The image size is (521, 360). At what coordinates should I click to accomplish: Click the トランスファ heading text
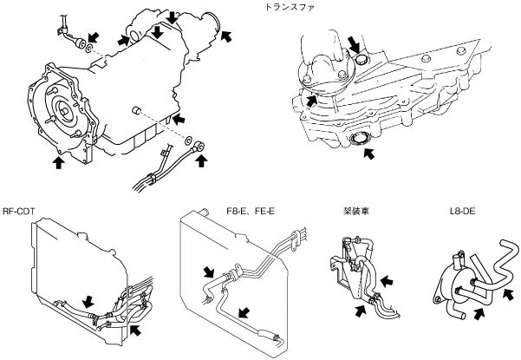(x=289, y=7)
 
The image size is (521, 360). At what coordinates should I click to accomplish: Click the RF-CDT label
(x=18, y=212)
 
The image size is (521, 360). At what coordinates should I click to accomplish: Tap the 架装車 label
(x=356, y=211)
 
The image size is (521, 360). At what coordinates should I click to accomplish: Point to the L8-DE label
(x=463, y=211)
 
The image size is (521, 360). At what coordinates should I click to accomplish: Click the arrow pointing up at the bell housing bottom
(x=59, y=162)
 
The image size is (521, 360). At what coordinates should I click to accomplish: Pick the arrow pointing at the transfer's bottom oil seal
(x=368, y=154)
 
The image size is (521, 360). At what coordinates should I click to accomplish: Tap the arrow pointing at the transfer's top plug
(x=354, y=44)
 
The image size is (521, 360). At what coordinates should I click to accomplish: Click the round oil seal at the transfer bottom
(x=359, y=139)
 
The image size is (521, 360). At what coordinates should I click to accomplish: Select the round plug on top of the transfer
(x=361, y=61)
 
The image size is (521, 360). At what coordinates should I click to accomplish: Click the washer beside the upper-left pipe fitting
(x=89, y=49)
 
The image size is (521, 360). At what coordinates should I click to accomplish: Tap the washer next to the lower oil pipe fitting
(x=189, y=141)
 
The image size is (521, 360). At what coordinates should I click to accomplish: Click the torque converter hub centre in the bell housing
(x=64, y=108)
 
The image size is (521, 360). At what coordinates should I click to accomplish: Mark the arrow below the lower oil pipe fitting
(x=201, y=160)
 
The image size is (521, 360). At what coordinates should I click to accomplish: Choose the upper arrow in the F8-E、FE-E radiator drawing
(x=209, y=272)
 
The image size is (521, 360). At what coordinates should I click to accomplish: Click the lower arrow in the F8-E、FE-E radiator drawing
(x=244, y=312)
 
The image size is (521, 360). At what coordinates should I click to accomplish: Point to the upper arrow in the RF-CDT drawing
(x=88, y=302)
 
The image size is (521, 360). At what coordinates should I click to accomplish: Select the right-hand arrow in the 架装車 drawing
(x=387, y=282)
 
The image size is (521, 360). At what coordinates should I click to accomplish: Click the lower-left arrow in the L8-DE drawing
(x=479, y=314)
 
